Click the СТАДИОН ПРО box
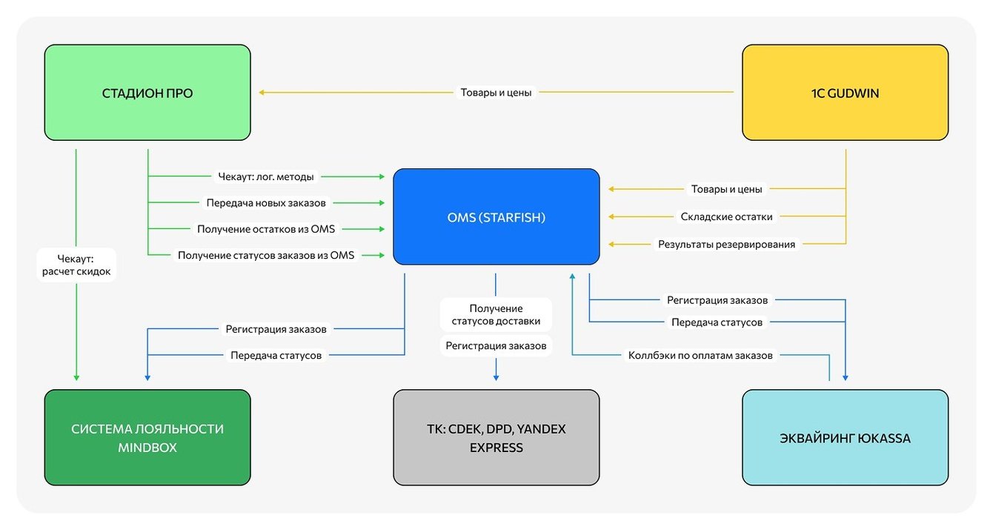(x=147, y=93)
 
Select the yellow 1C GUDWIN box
(x=845, y=93)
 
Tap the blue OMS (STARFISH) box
(x=496, y=216)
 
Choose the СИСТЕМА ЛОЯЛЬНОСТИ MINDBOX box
(x=147, y=437)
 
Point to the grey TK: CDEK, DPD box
(x=496, y=437)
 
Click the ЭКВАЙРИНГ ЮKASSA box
(x=845, y=437)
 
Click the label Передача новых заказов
(x=266, y=202)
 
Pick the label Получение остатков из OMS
(x=266, y=229)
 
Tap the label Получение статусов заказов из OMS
(x=266, y=255)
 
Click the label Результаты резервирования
(x=726, y=244)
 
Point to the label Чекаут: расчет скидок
(x=76, y=265)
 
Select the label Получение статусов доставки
(x=496, y=314)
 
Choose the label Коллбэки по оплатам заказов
(x=700, y=355)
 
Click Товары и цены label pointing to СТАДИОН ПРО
(x=496, y=93)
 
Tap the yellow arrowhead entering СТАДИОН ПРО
(x=262, y=93)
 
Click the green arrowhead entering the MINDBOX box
(x=76, y=378)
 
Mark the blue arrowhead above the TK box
(x=496, y=378)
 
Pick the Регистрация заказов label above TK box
(x=496, y=345)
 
